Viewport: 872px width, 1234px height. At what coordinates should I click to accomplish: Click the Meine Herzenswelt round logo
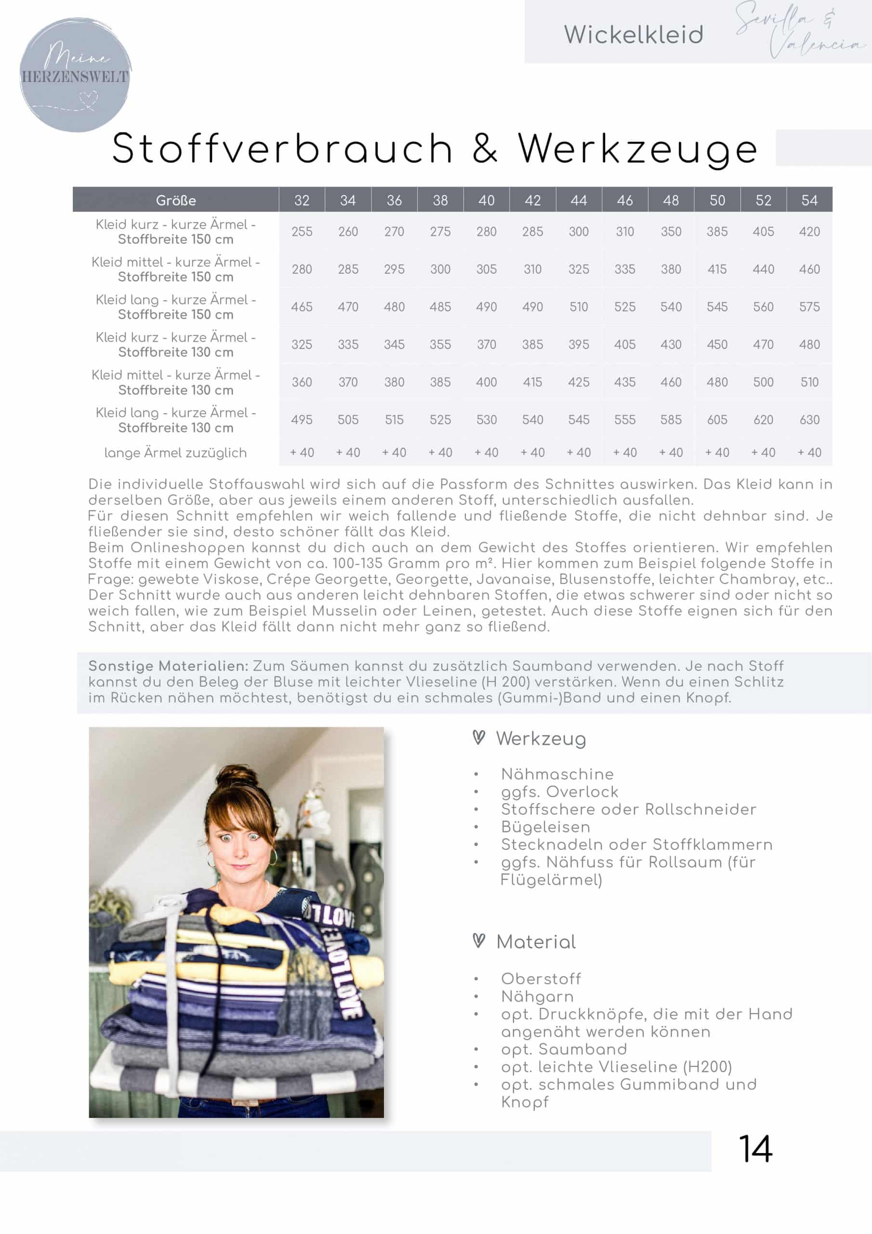tap(75, 75)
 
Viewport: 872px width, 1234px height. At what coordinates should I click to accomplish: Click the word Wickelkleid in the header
tap(634, 35)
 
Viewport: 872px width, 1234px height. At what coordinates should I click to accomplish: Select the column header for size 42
tap(532, 201)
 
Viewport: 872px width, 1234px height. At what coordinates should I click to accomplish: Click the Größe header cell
tap(176, 201)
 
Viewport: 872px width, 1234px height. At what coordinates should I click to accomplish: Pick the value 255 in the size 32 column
tap(302, 232)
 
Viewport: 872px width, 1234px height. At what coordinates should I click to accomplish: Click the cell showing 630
tap(809, 420)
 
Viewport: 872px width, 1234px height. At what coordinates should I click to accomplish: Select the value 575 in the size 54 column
tap(809, 307)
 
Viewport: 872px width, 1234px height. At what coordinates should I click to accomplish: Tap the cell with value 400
tap(486, 382)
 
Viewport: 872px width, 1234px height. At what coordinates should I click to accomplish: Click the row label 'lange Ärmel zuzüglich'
tap(176, 453)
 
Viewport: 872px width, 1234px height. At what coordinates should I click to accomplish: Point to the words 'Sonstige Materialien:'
tap(168, 666)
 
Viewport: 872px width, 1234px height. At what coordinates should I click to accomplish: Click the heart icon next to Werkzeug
tap(479, 738)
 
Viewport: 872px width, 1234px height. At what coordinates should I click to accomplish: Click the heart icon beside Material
tap(479, 940)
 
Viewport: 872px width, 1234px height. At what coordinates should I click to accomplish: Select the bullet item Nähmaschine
tap(557, 774)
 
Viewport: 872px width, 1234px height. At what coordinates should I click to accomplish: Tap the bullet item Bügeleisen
tap(545, 827)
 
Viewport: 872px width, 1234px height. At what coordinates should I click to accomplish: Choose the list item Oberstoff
tap(541, 979)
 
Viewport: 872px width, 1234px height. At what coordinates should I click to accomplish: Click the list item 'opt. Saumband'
tap(564, 1049)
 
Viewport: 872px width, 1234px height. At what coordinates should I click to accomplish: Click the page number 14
tap(755, 1150)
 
